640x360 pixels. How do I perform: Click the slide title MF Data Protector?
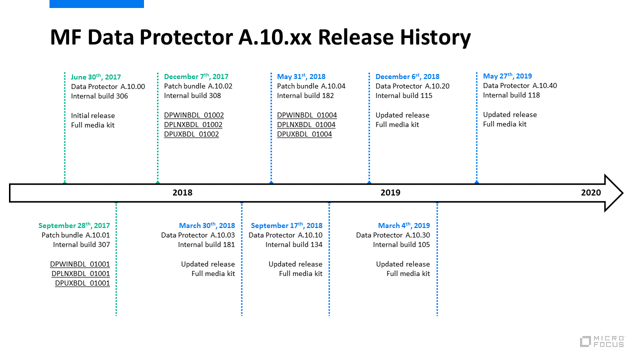pos(260,38)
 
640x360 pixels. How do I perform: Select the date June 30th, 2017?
pos(96,77)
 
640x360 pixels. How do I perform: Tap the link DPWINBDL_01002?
pos(194,115)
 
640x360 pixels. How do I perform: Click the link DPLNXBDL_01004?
pos(306,124)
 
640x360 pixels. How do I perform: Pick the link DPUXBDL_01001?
pos(82,283)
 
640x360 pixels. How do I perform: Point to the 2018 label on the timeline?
pos(182,192)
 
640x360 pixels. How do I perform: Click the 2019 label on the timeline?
pos(390,192)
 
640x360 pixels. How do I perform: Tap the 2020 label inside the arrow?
pos(591,192)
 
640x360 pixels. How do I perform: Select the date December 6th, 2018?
pos(407,76)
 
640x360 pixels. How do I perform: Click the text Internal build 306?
pos(99,96)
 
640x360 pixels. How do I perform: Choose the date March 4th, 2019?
pos(404,225)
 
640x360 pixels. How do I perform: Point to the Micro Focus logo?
pos(602,341)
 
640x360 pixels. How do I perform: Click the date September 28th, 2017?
pos(74,225)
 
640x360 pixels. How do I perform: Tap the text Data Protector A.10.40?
pos(520,85)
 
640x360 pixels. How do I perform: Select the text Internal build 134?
pos(294,244)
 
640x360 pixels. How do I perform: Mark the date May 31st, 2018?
pos(301,76)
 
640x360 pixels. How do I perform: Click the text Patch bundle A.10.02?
pos(198,86)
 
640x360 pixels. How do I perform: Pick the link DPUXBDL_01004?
pos(304,134)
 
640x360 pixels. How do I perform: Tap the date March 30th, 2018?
pos(207,225)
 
